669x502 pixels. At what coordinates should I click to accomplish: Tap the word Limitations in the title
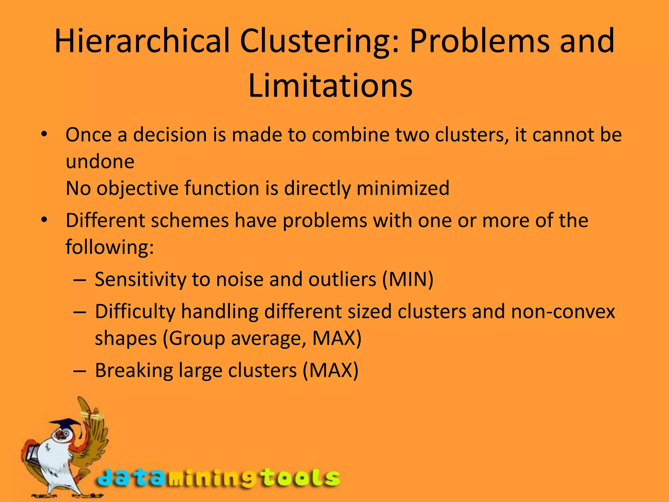pyautogui.click(x=330, y=86)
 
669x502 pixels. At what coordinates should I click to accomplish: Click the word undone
pyautogui.click(x=100, y=161)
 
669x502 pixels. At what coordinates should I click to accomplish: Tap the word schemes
pyautogui.click(x=189, y=220)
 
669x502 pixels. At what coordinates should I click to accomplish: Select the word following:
pyautogui.click(x=110, y=247)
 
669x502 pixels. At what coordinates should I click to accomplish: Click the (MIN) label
pyautogui.click(x=408, y=279)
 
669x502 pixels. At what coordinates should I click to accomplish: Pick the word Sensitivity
pyautogui.click(x=140, y=279)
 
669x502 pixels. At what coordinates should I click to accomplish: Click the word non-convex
pyautogui.click(x=563, y=311)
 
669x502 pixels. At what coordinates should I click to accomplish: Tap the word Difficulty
pyautogui.click(x=135, y=311)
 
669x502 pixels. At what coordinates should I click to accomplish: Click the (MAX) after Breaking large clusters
pyautogui.click(x=331, y=370)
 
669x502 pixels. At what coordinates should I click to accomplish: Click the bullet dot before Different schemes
pyautogui.click(x=44, y=220)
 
